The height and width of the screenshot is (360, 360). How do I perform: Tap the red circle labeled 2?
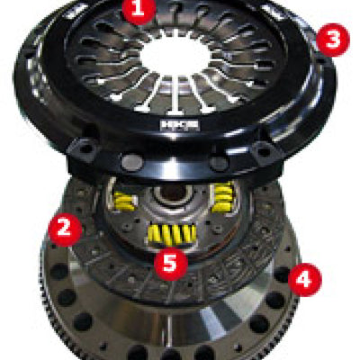[x=64, y=229]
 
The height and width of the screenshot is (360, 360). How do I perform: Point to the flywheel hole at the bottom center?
[x=171, y=347]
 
